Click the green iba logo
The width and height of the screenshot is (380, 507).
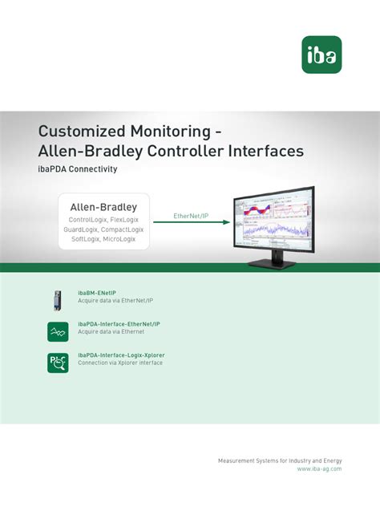[x=321, y=55]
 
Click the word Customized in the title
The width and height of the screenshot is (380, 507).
[x=78, y=131]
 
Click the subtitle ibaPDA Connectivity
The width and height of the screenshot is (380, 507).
[x=78, y=169]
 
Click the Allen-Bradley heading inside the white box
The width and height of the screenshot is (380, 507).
[x=103, y=207]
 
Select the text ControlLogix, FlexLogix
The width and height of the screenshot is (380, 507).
[x=103, y=219]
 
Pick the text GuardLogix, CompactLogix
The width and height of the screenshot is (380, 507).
[x=103, y=229]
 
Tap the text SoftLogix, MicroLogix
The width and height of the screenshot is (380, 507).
[x=103, y=239]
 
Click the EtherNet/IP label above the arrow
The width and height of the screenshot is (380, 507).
[x=191, y=216]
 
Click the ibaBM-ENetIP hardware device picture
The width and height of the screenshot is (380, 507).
[x=57, y=300]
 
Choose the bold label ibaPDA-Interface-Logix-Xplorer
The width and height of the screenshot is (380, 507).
[x=127, y=355]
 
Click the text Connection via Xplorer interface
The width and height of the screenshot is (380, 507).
[x=119, y=363]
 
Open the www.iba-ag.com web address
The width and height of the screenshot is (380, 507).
[x=319, y=468]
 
